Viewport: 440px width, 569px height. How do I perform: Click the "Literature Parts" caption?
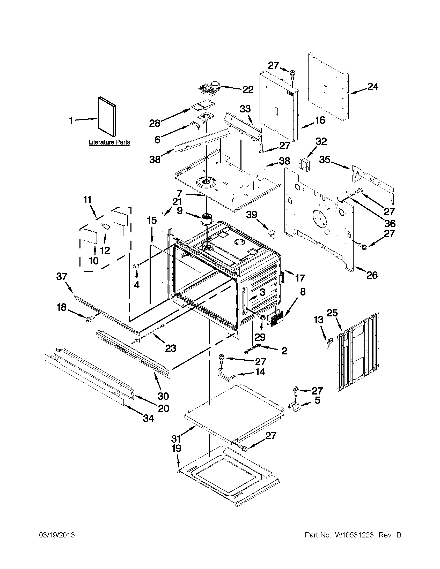tap(109, 142)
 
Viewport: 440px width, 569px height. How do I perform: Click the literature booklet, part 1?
tap(107, 116)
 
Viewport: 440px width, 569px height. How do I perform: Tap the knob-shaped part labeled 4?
tap(136, 266)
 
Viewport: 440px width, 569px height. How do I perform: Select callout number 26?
tap(372, 275)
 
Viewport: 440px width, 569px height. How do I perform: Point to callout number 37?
tap(62, 276)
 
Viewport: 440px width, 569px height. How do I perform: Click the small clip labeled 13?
tap(329, 343)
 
